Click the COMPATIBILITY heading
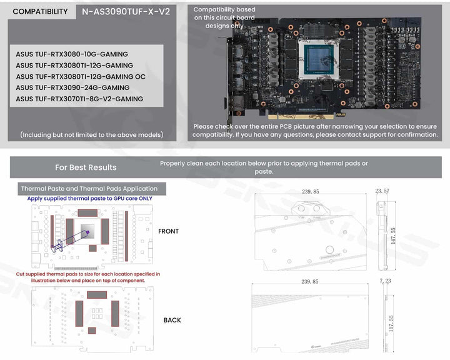click(40, 11)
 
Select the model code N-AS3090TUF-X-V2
click(126, 11)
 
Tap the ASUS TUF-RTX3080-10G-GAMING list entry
click(72, 54)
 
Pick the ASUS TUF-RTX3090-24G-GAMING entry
click(72, 87)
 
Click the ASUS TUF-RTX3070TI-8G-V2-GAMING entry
click(79, 99)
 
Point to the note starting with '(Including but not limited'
click(92, 134)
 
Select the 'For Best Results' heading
click(86, 167)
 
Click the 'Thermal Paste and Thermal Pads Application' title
click(89, 188)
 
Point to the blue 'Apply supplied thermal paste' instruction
click(89, 198)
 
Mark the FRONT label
click(169, 231)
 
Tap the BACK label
click(172, 320)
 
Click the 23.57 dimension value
click(382, 191)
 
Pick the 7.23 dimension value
click(385, 282)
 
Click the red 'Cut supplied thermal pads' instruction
click(88, 277)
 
